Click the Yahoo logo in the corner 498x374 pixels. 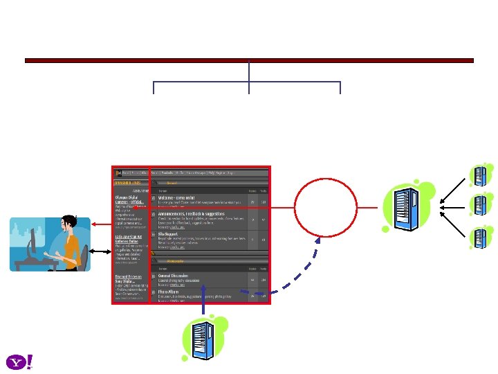click(19, 362)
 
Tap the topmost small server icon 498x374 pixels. click(480, 175)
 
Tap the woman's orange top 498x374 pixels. click(72, 250)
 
